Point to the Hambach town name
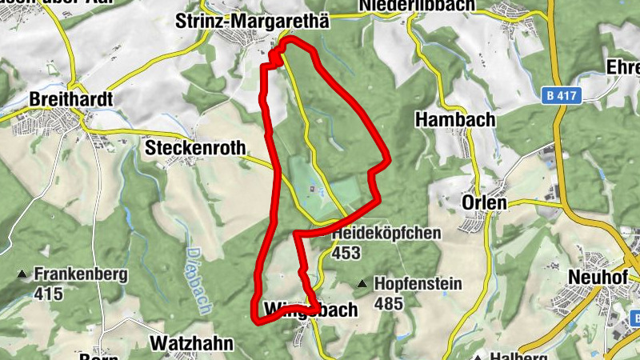pos(455,119)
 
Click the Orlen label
pos(484,203)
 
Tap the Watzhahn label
pos(192,344)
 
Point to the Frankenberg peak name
pos(81,274)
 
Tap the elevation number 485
pos(388,304)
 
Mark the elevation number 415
pos(49,294)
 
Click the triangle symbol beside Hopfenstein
pos(362,284)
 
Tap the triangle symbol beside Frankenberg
pos(22,275)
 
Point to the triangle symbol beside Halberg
pos(478,356)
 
